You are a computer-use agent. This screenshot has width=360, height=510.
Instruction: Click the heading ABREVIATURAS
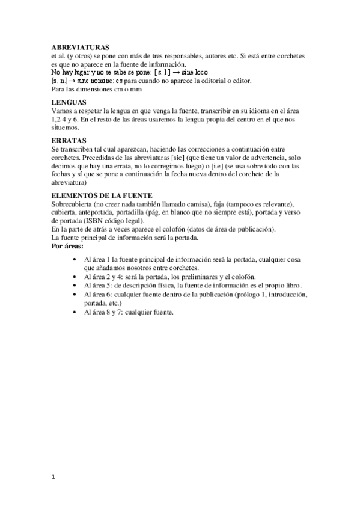pos(80,47)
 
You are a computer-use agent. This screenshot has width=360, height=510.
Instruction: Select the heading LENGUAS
pos(69,103)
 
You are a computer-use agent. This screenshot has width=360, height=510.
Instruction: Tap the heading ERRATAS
pos(67,141)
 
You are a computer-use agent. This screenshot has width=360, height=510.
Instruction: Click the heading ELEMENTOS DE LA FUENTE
pos(102,195)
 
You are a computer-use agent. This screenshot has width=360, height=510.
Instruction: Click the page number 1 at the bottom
pos(53,477)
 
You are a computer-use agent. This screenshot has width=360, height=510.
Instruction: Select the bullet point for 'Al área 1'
pos(73,259)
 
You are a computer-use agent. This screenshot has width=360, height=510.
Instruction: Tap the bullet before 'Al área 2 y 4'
pos(73,276)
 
